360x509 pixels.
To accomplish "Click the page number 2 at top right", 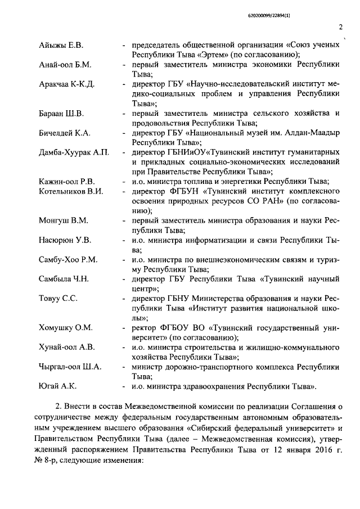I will click(341, 26).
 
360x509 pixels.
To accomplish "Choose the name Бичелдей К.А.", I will click(65, 133).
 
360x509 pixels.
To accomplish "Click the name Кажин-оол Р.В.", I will click(67, 181).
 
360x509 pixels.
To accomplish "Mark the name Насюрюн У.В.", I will click(65, 240).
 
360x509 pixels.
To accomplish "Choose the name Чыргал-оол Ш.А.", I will click(70, 367).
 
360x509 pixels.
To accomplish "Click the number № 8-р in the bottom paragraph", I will click(49, 460).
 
